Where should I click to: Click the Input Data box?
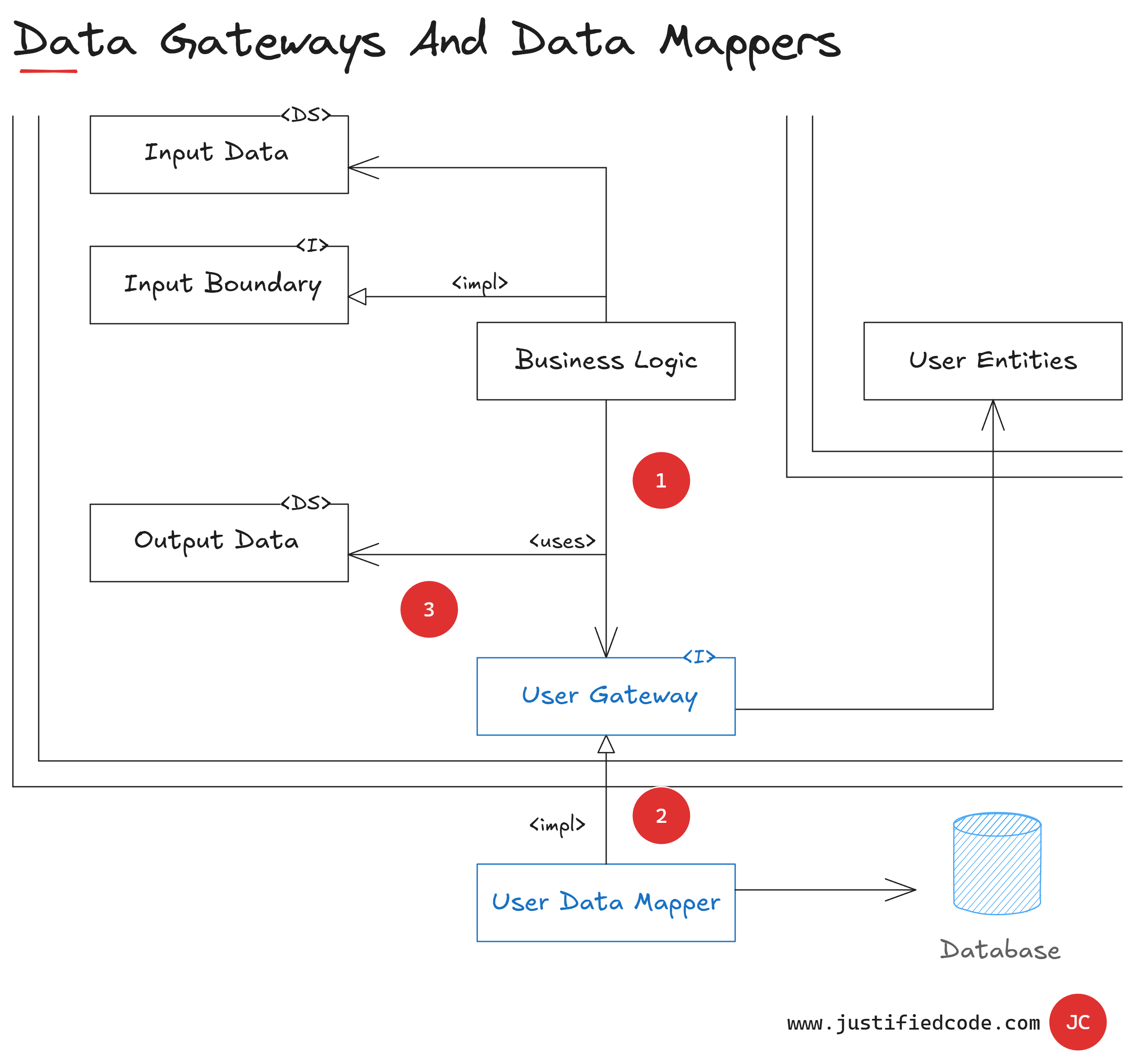(x=219, y=155)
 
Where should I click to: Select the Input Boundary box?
(x=219, y=285)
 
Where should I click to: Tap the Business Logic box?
(x=606, y=361)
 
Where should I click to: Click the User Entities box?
(x=992, y=361)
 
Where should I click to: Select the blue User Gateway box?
(x=606, y=696)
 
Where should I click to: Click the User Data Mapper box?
(x=606, y=902)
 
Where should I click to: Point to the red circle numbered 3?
(x=429, y=609)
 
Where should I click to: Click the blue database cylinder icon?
(x=997, y=863)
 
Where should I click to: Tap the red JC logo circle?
(x=1077, y=1022)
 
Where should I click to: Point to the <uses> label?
(x=562, y=540)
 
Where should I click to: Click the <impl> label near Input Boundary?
(x=479, y=282)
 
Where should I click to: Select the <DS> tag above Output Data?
(x=306, y=503)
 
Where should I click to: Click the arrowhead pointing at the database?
(x=905, y=889)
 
